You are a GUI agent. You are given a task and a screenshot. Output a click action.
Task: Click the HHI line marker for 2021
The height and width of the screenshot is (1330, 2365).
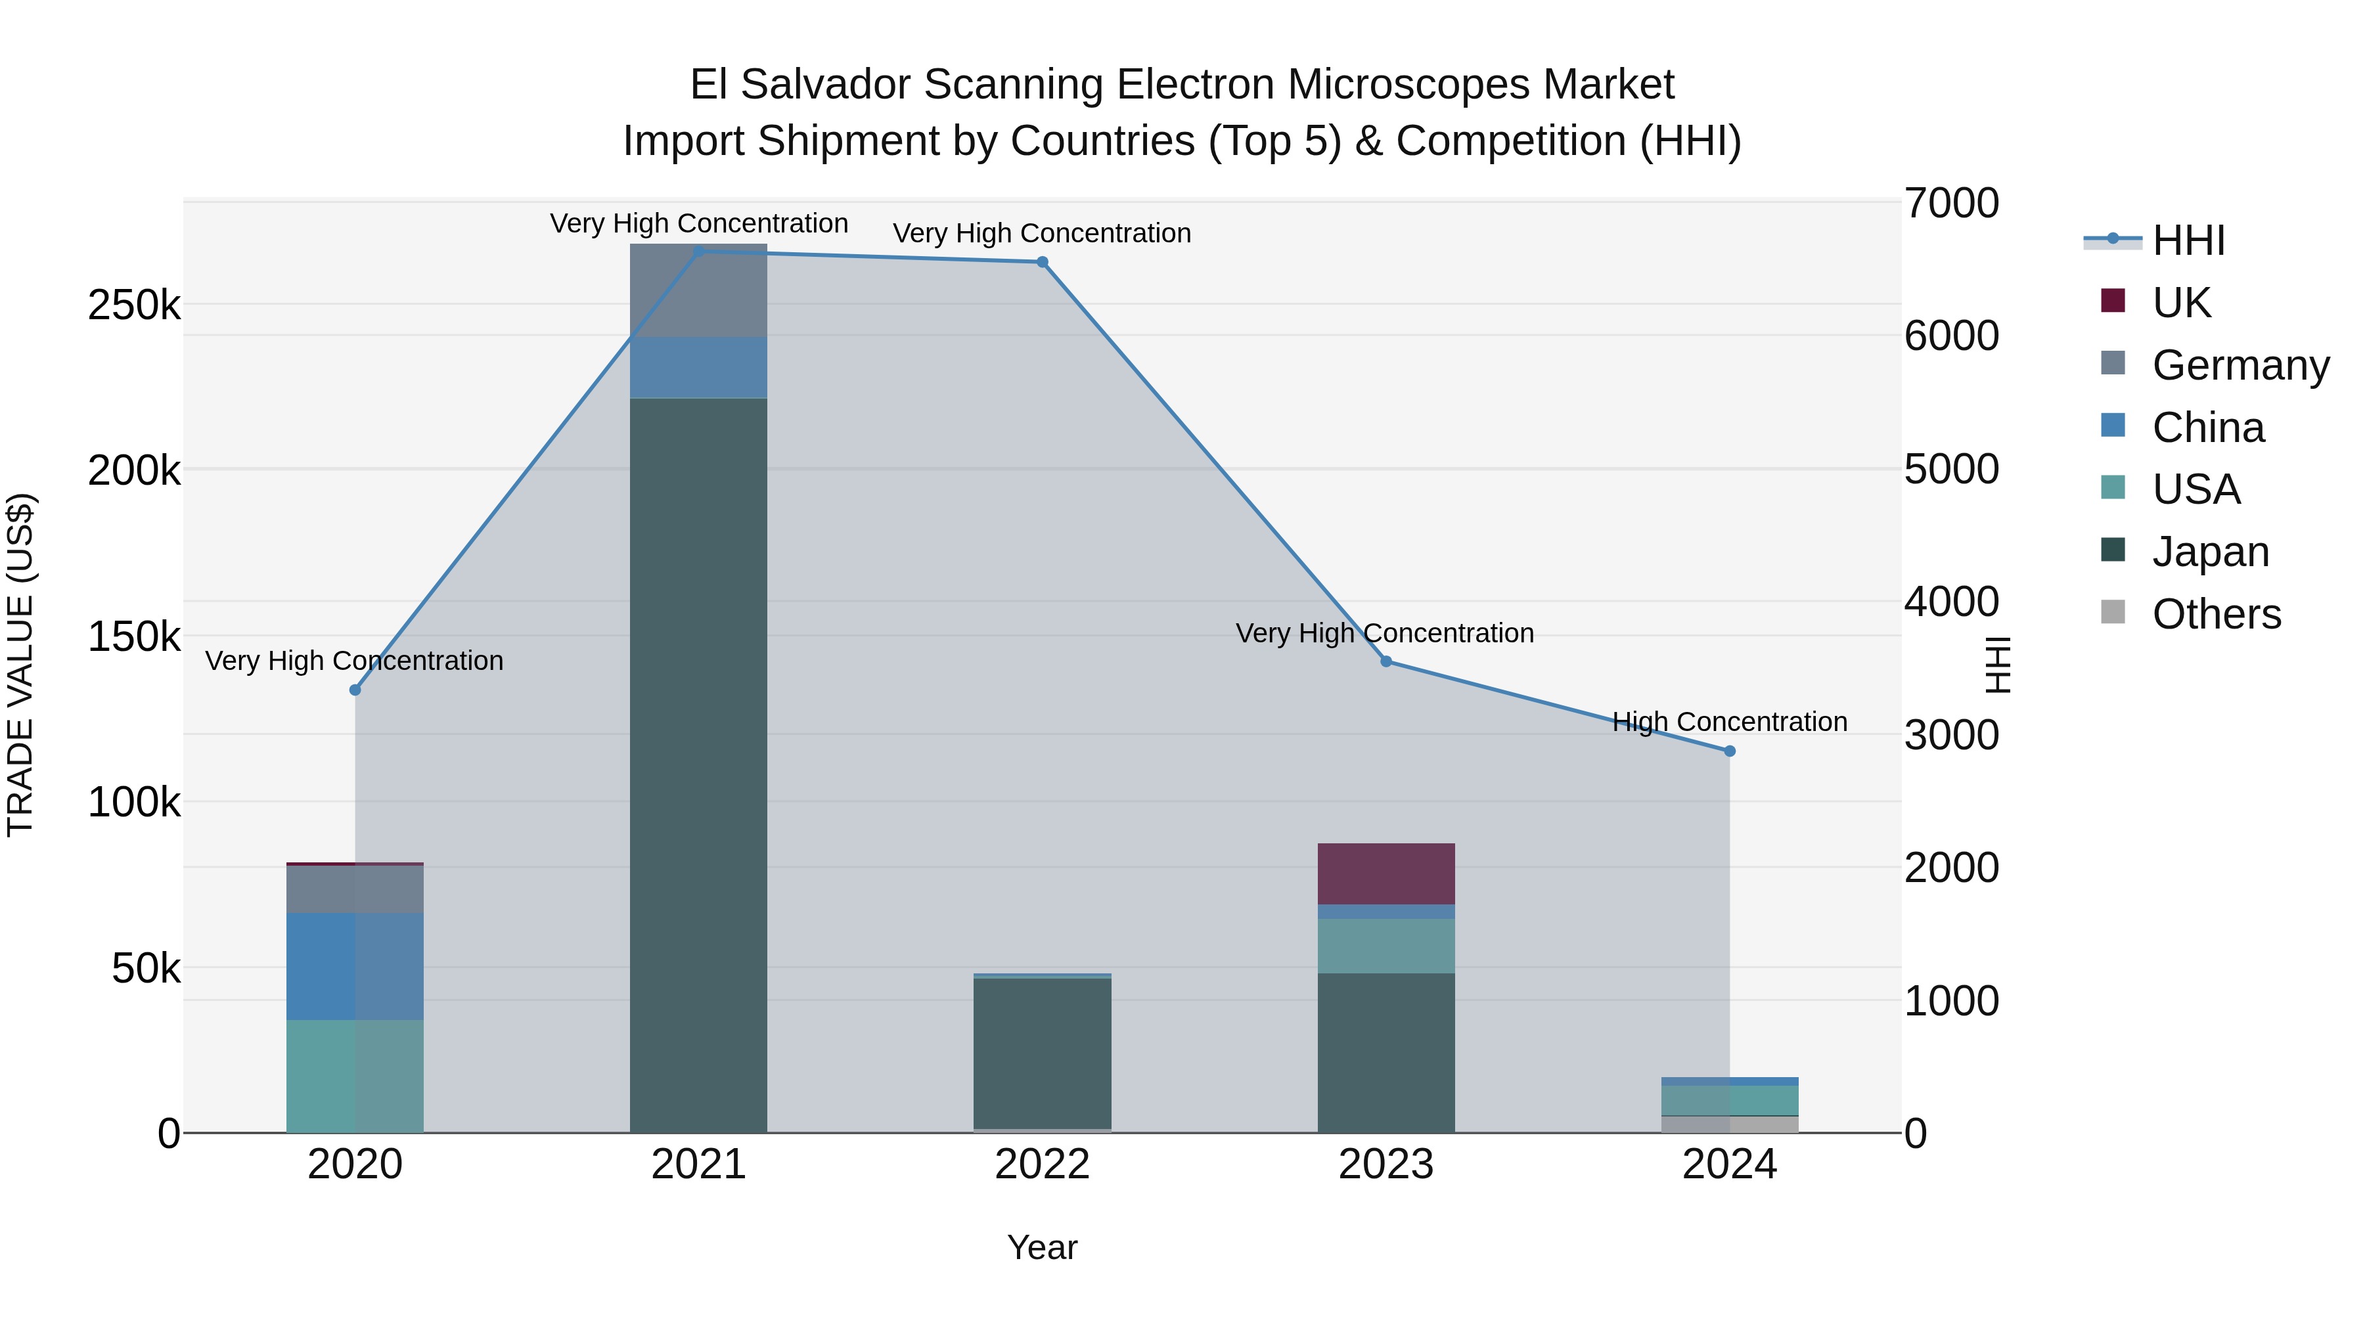click(699, 252)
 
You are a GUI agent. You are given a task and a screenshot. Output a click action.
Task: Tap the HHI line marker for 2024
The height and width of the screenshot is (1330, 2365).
click(1730, 751)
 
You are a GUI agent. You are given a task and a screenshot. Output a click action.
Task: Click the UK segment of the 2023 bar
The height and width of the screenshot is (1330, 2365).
click(1385, 874)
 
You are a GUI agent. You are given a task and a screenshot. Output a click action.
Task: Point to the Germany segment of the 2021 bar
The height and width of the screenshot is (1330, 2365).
click(699, 290)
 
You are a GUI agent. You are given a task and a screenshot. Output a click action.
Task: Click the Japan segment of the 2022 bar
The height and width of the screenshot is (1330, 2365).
click(1042, 1053)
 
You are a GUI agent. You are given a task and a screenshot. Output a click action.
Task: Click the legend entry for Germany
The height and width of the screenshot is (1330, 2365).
click(2240, 365)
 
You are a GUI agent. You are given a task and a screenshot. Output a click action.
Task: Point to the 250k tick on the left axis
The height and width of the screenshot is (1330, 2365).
click(134, 305)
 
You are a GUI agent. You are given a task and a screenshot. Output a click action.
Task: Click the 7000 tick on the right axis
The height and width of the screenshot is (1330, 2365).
click(1951, 203)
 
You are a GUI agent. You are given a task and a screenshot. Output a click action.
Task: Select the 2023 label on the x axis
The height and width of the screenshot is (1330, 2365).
click(1385, 1164)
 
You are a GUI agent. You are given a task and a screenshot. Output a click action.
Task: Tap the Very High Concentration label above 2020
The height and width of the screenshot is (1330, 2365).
click(354, 661)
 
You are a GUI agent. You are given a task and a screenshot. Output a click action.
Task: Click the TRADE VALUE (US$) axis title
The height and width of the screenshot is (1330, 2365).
click(20, 665)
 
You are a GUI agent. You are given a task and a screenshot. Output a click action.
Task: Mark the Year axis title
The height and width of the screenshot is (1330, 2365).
click(1042, 1247)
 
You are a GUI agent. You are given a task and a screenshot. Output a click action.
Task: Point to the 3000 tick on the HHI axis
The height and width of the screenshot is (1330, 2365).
click(1951, 735)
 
